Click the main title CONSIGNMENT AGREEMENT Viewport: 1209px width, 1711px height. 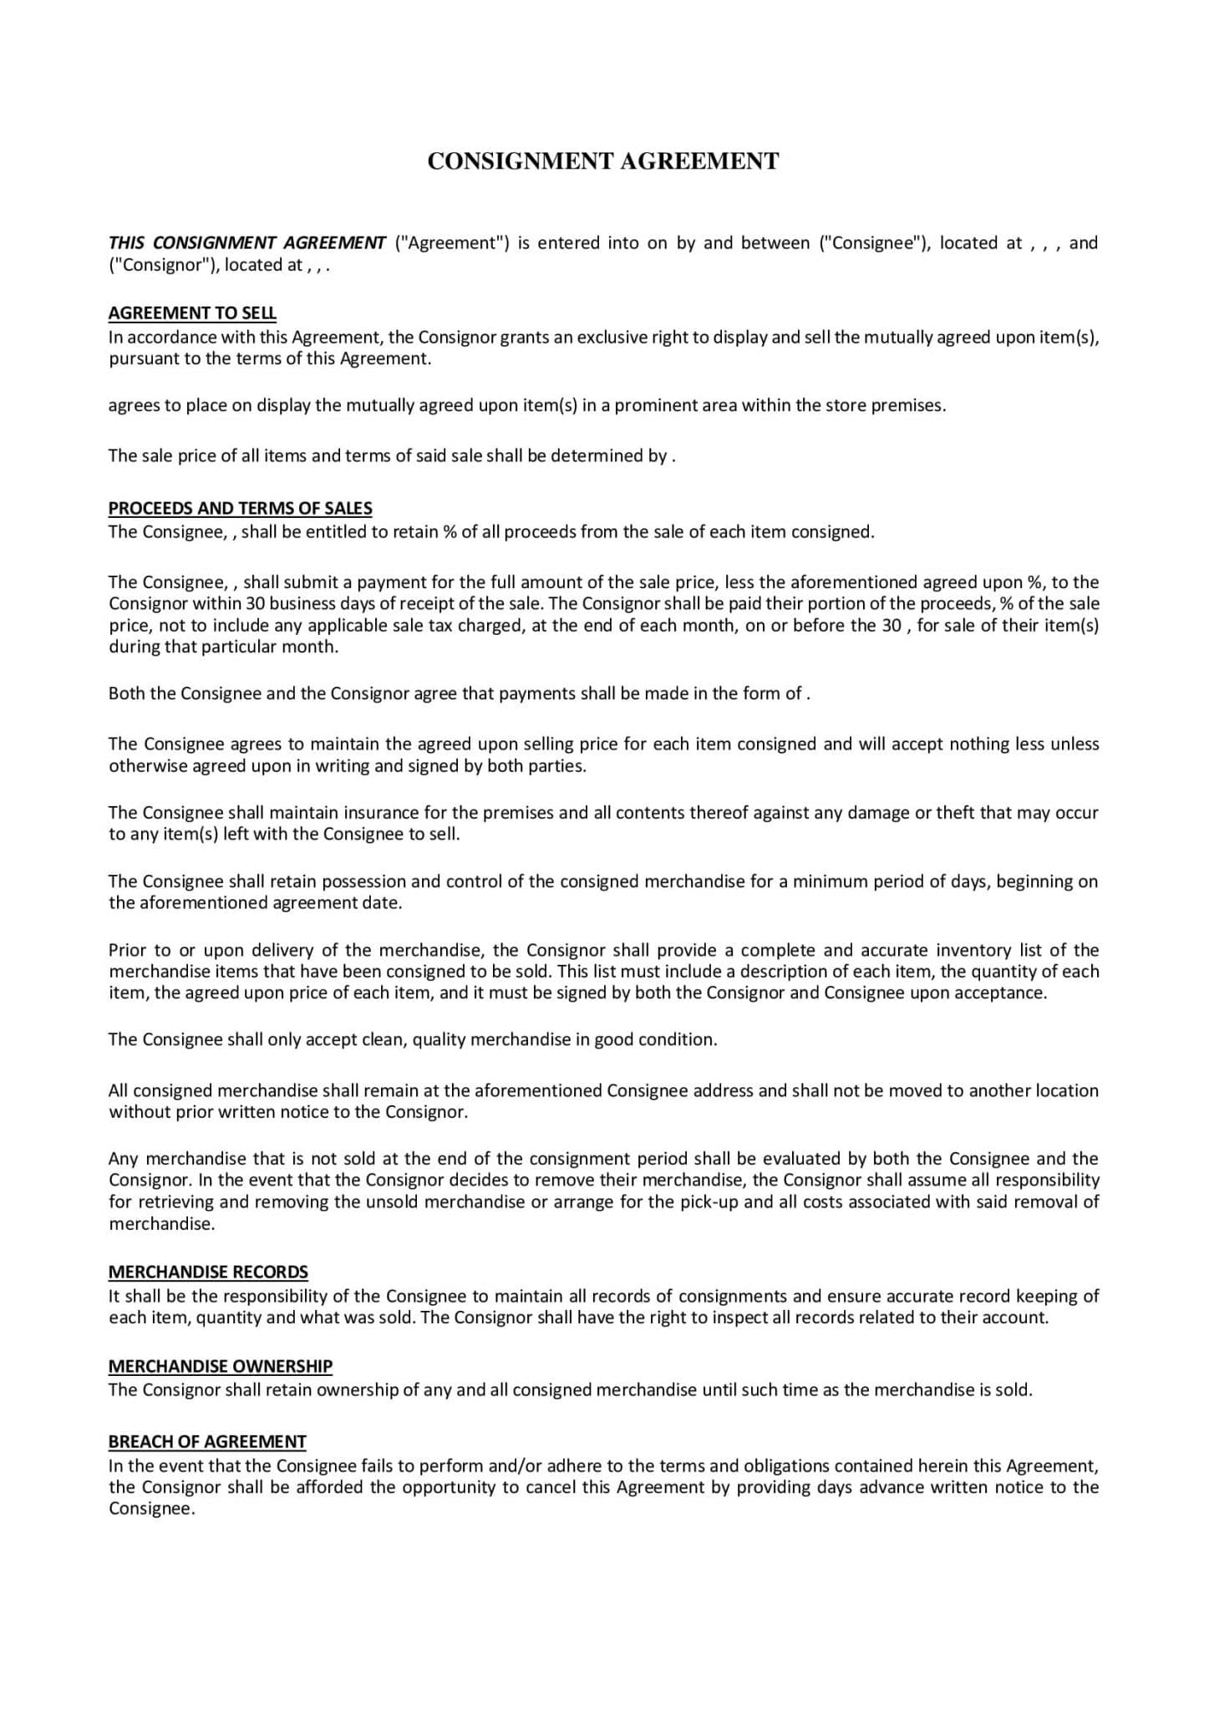pyautogui.click(x=603, y=161)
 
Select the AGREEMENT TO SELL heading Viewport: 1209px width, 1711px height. pyautogui.click(x=192, y=313)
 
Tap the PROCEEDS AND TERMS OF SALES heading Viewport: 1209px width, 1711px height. pyautogui.click(x=241, y=509)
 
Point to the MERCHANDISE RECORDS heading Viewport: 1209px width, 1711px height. pyautogui.click(x=208, y=1272)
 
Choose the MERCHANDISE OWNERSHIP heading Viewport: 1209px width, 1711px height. pyautogui.click(x=221, y=1366)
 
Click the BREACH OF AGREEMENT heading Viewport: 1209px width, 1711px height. pyautogui.click(x=207, y=1441)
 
